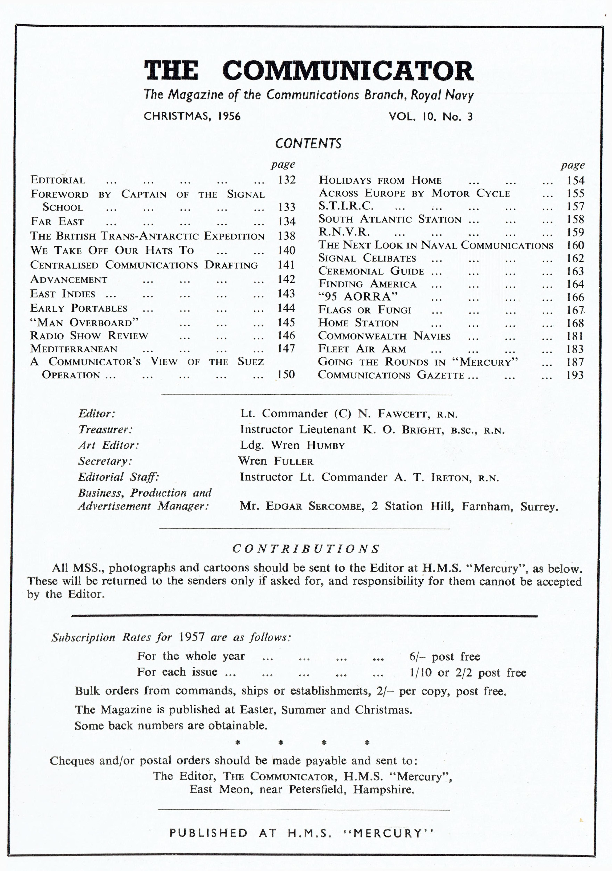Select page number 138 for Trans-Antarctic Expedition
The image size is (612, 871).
[286, 236]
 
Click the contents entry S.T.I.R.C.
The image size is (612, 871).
[346, 206]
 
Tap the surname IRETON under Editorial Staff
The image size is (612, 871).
[451, 478]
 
